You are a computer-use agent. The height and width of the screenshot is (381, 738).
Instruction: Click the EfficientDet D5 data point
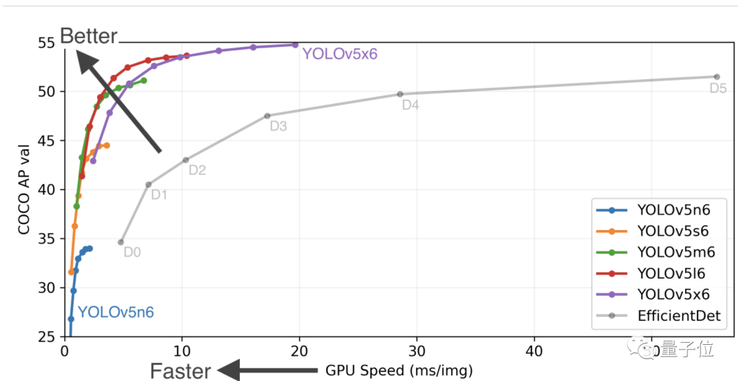coord(717,76)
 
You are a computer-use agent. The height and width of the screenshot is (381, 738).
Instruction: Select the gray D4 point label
coord(411,105)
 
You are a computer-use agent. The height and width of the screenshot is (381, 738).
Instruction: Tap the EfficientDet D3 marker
coord(267,116)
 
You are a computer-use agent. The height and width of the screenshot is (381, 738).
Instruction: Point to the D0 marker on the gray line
coord(121,242)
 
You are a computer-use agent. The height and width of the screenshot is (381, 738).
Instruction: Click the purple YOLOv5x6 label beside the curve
coord(340,54)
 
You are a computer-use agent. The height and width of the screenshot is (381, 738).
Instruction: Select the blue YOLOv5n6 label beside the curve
coord(115,313)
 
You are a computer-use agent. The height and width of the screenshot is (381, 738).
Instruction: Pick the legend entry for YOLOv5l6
coord(671,274)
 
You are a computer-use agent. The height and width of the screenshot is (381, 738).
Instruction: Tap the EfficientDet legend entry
coord(679,315)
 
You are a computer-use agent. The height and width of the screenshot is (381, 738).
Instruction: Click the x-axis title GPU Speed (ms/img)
coord(399,371)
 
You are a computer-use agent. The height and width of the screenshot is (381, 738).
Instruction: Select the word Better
coord(89,36)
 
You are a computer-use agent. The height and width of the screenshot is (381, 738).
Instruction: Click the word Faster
coord(180,371)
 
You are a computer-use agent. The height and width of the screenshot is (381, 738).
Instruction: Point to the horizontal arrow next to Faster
coord(269,371)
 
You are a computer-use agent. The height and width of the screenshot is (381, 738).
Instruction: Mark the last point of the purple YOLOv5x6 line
coord(295,44)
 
